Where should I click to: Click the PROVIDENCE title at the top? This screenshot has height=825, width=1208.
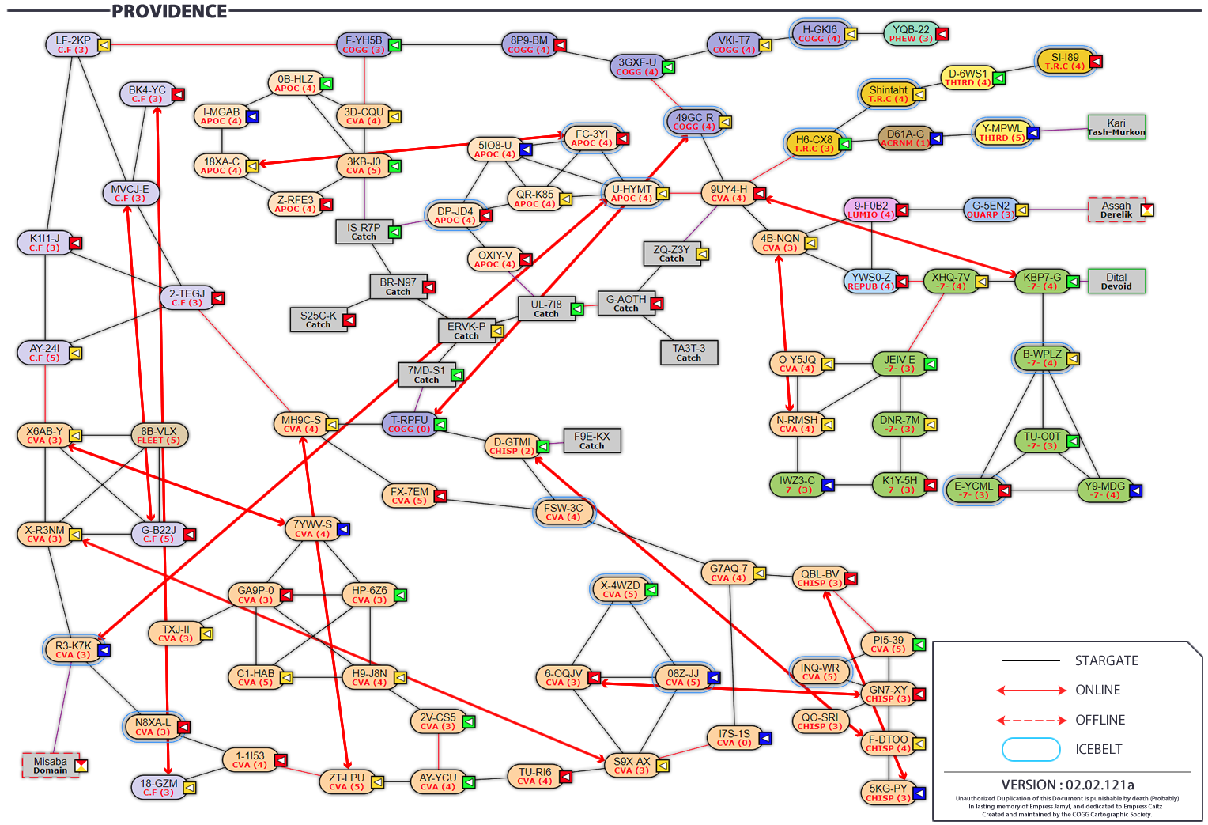click(168, 11)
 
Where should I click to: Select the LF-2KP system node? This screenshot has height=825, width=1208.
click(73, 44)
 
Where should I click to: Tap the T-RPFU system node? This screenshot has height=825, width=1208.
click(408, 425)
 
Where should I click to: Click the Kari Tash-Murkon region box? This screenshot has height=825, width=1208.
click(1116, 127)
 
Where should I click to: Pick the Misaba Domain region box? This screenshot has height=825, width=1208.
click(50, 765)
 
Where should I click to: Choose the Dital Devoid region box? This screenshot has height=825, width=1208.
click(1116, 282)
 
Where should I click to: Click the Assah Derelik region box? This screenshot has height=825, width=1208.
click(1116, 210)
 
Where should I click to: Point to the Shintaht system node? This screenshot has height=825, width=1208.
click(888, 94)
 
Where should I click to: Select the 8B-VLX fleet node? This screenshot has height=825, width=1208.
click(159, 436)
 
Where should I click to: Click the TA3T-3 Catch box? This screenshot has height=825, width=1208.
click(689, 353)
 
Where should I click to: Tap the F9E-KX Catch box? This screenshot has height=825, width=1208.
click(591, 441)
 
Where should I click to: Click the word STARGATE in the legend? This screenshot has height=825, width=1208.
click(1106, 660)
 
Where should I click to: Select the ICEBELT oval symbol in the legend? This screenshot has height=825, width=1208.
click(1031, 749)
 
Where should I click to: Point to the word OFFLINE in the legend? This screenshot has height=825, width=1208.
click(1100, 720)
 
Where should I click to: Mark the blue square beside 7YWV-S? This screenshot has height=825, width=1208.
click(343, 529)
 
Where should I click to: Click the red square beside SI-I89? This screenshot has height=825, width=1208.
click(1096, 62)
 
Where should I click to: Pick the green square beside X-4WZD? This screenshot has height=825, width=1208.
click(651, 590)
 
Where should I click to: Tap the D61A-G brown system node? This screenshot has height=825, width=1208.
click(904, 138)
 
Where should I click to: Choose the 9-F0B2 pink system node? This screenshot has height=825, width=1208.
click(870, 210)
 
